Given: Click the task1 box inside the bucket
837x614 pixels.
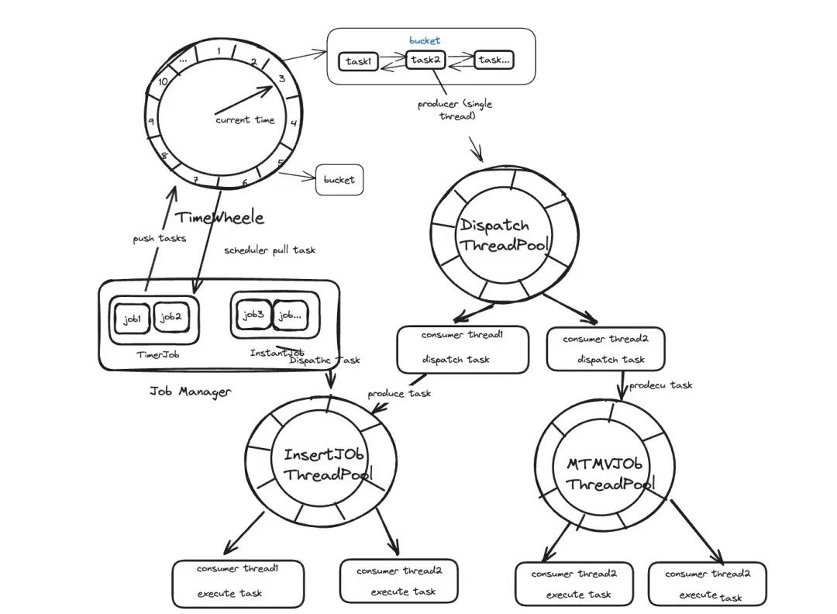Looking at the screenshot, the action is (358, 61).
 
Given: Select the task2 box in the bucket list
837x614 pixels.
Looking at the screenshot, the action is (425, 60).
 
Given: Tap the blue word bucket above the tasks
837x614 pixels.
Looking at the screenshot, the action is (425, 40).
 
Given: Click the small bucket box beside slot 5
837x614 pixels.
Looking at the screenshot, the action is (339, 180).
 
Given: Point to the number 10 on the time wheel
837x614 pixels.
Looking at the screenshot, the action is (163, 81).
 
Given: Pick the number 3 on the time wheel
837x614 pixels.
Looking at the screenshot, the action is (281, 78).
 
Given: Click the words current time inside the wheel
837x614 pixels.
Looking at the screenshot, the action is (245, 120).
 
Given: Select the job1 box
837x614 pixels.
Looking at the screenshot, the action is (132, 319).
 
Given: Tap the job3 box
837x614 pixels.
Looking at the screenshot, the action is (253, 315).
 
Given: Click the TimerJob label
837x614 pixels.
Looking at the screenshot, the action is (157, 354).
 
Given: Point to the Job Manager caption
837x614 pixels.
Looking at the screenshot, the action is (190, 392).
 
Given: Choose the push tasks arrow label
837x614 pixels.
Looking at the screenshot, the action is (159, 238).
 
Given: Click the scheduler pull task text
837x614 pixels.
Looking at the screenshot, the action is (270, 250).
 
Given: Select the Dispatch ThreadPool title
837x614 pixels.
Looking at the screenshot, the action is (505, 235).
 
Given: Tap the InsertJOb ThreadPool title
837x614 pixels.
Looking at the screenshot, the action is (327, 464).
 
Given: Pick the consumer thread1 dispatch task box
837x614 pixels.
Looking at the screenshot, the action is (463, 349).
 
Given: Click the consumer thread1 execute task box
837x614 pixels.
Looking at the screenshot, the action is (238, 584).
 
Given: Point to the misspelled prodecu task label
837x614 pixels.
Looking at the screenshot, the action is (660, 385).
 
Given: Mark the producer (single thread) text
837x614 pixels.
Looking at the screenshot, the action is (456, 109).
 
